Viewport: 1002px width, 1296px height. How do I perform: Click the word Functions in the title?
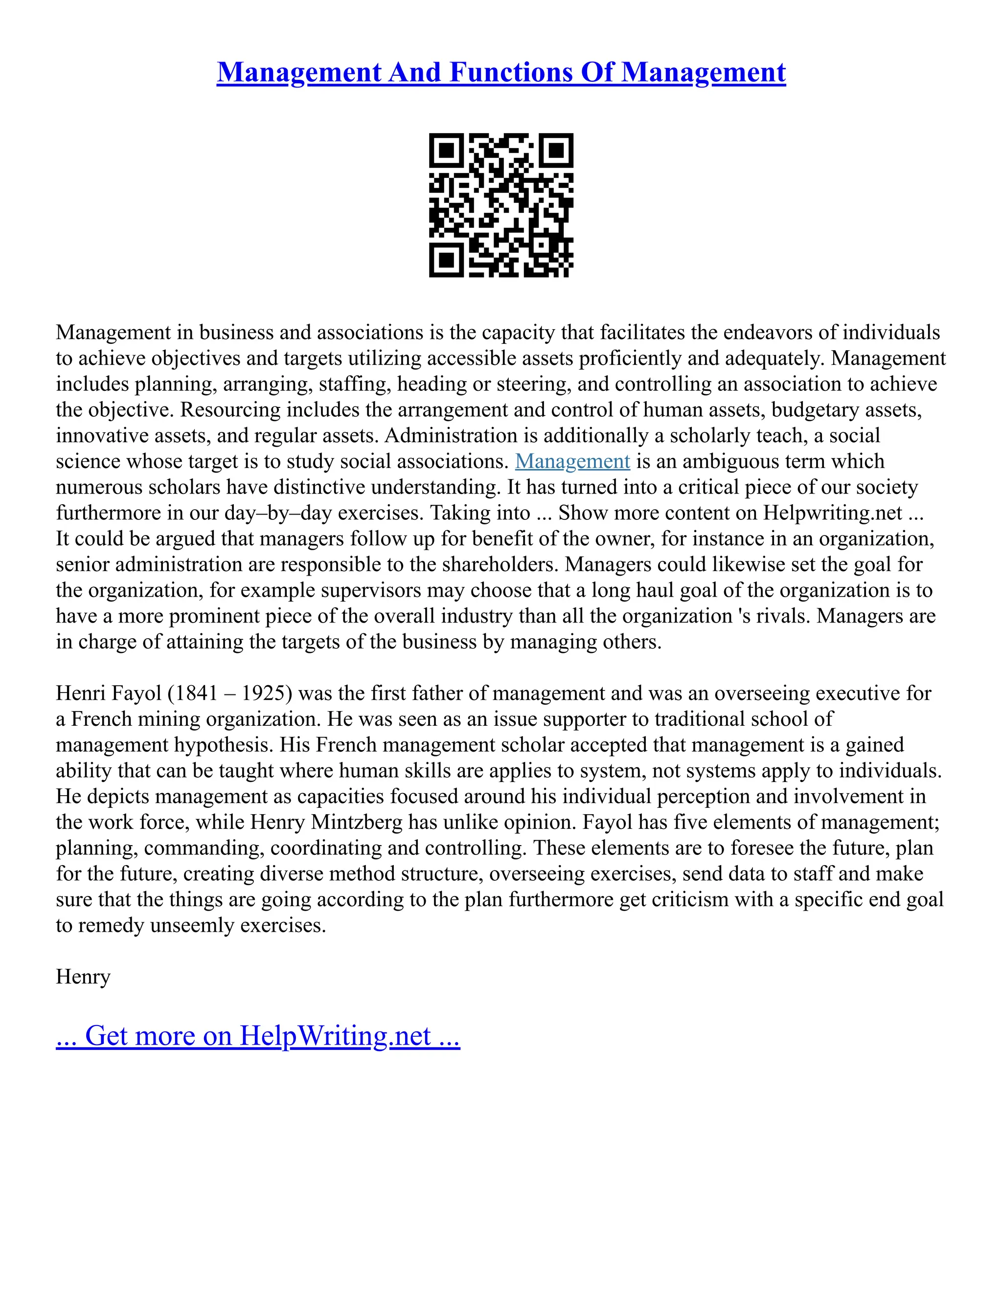pyautogui.click(x=510, y=72)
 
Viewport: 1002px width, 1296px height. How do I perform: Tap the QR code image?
pyautogui.click(x=501, y=205)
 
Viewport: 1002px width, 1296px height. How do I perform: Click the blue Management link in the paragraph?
pyautogui.click(x=572, y=461)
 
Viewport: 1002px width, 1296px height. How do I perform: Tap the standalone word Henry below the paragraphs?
pyautogui.click(x=83, y=977)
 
